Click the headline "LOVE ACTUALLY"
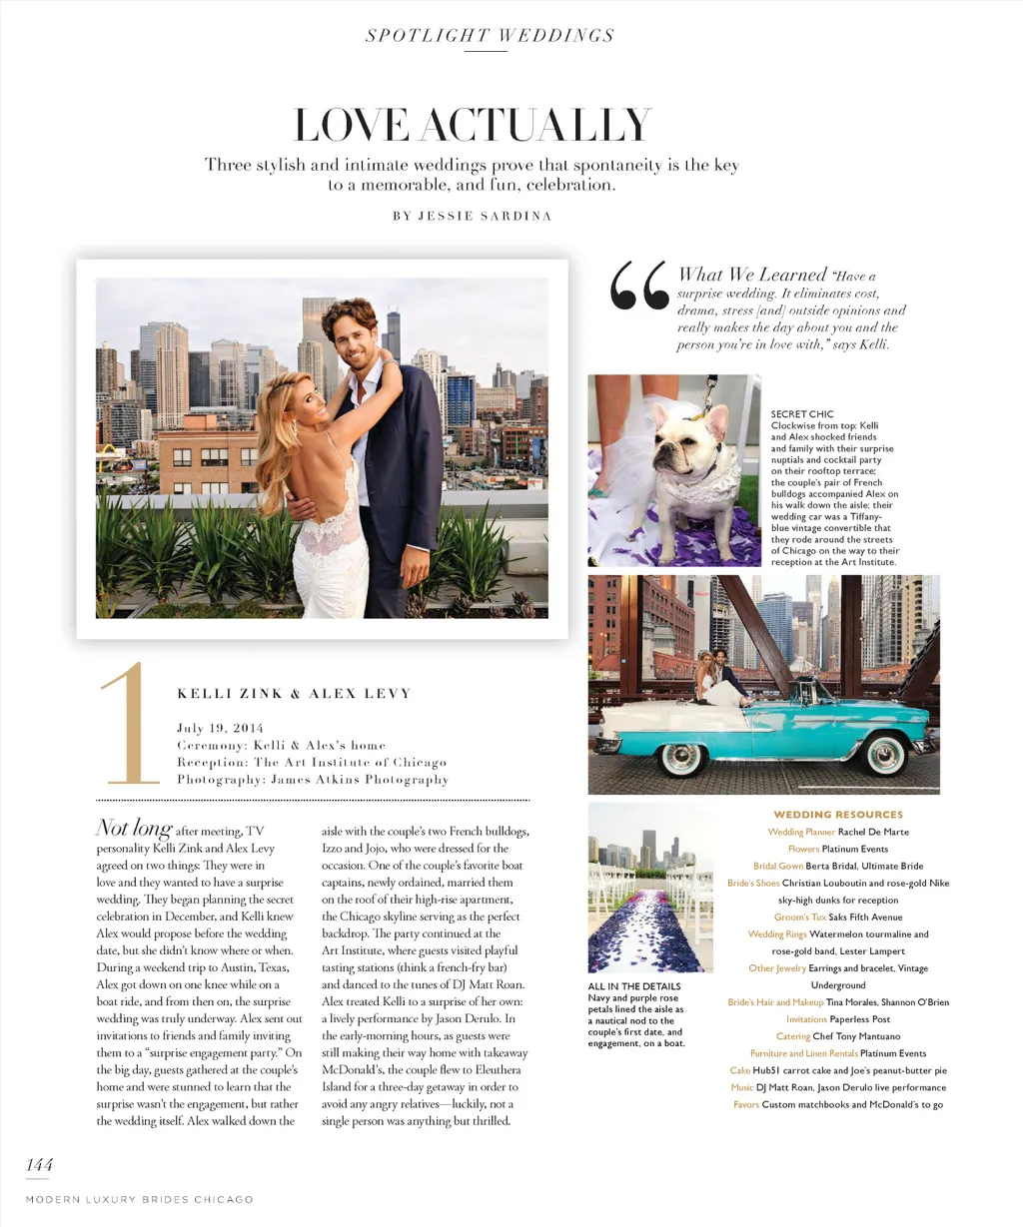(x=473, y=127)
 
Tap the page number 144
(x=40, y=1164)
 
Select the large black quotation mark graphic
(x=639, y=287)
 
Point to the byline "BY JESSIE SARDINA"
(x=472, y=216)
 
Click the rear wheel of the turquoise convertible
(x=680, y=757)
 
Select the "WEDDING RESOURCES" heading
(x=838, y=815)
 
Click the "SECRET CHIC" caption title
(x=801, y=414)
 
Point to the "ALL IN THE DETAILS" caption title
(x=634, y=986)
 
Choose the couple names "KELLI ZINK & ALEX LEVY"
(x=294, y=694)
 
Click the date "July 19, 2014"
(x=220, y=728)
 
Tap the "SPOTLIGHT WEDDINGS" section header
(x=490, y=36)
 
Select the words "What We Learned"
(x=752, y=275)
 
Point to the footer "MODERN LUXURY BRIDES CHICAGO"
(x=140, y=1199)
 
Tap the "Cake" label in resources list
(x=739, y=1070)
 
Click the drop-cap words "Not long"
(x=134, y=829)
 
